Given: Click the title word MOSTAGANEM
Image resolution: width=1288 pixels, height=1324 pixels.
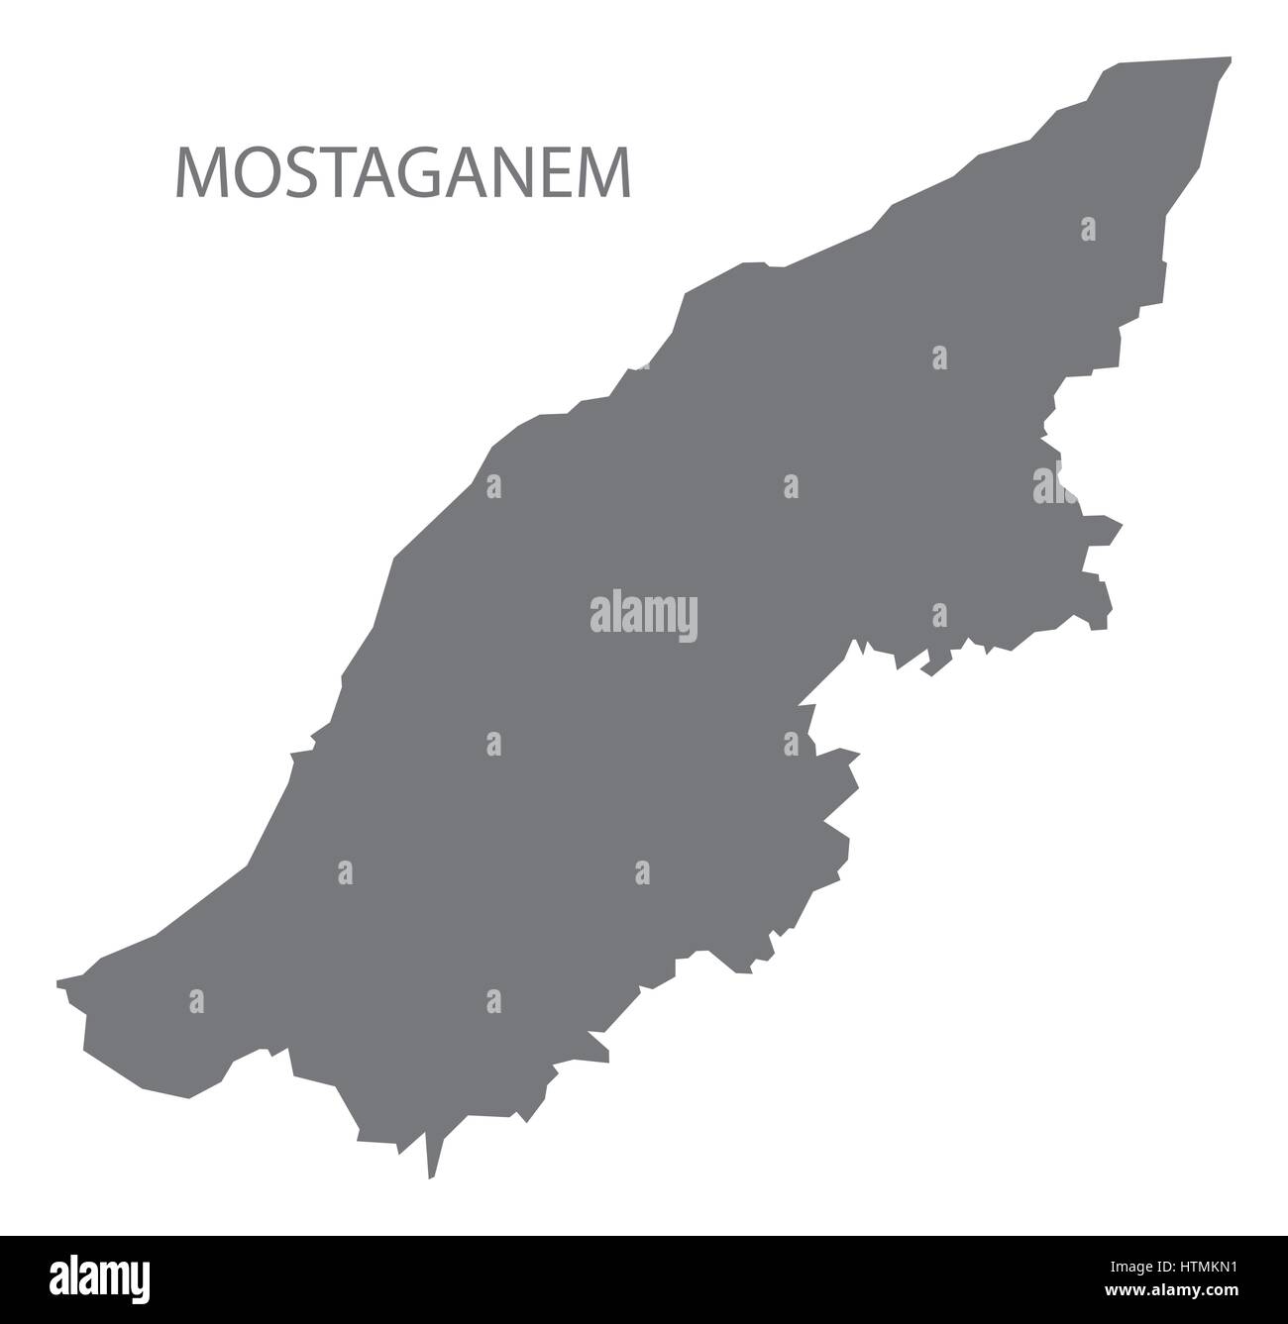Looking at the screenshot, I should (403, 174).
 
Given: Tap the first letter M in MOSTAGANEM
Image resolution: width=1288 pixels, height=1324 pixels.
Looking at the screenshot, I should (199, 174).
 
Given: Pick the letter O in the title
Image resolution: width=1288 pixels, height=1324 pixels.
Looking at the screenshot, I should (255, 174).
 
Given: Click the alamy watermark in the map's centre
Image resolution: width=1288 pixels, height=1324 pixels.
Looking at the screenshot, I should (644, 615).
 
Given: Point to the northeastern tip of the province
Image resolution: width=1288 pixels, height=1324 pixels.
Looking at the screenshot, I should (1229, 59).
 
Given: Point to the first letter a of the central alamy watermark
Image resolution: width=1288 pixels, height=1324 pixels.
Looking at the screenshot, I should (599, 617).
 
